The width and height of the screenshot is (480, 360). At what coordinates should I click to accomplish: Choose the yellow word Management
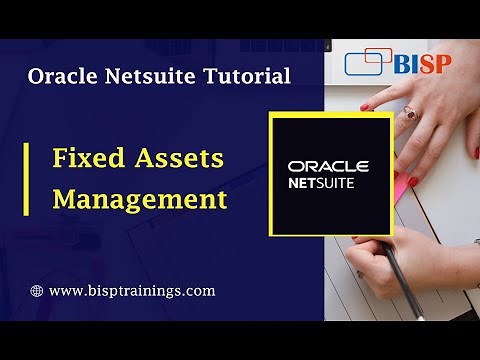pyautogui.click(x=140, y=198)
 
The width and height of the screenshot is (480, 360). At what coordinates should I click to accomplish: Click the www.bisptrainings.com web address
pyautogui.click(x=132, y=291)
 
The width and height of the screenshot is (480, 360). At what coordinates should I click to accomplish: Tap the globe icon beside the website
pyautogui.click(x=37, y=291)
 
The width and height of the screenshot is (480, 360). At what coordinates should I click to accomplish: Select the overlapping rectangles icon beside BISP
pyautogui.click(x=368, y=62)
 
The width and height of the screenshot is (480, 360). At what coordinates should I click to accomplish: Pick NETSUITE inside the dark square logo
pyautogui.click(x=331, y=184)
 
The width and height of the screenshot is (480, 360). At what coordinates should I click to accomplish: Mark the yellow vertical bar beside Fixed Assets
pyautogui.click(x=27, y=177)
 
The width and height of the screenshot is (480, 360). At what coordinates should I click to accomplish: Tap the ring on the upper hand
pyautogui.click(x=411, y=114)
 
